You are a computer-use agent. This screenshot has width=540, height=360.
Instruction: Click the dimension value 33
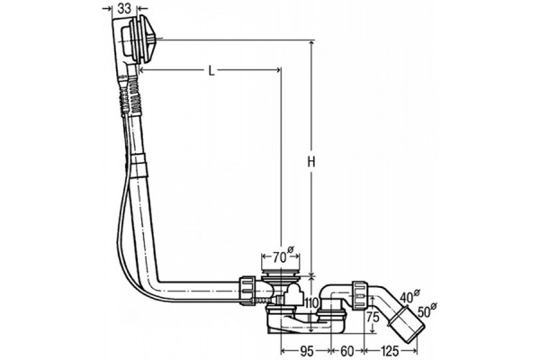pos(125,9)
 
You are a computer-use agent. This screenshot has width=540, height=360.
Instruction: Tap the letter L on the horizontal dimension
pos(211,71)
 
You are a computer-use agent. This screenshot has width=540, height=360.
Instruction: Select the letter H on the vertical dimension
pos(311,161)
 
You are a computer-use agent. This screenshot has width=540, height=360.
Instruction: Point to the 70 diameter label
pos(283,256)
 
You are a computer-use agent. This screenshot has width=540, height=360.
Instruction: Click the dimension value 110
pos(313,303)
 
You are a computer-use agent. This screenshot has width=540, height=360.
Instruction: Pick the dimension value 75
pos(373,317)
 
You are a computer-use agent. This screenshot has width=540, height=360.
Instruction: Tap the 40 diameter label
pos(409,296)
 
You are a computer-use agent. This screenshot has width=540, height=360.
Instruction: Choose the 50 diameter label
pos(427,310)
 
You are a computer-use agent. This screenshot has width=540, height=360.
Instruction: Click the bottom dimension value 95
pos(307,351)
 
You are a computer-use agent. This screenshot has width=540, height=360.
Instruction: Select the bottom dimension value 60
pos(347,351)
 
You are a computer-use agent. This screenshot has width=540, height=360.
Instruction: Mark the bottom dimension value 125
pos(390,351)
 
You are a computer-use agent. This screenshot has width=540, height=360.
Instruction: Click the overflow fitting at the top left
pos(136,41)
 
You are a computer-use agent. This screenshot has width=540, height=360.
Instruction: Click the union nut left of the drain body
pos(248,290)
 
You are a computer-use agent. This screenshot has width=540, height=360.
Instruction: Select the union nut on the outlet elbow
pos(360,295)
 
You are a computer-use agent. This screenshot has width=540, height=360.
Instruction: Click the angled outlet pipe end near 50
pos(408,324)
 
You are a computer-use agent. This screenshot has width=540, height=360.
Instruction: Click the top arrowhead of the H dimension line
pos(311,43)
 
